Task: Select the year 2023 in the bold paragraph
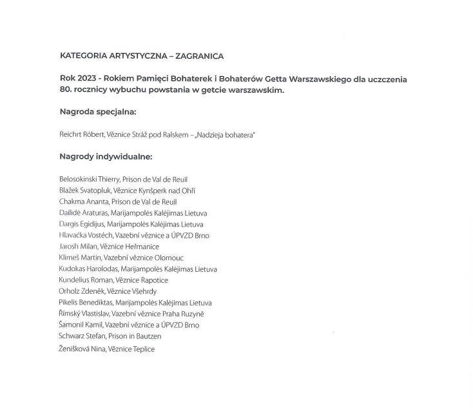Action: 87,79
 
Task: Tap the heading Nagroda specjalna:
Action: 98,112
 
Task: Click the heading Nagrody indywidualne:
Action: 106,157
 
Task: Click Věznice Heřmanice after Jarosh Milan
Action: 130,247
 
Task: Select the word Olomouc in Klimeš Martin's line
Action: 169,258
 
